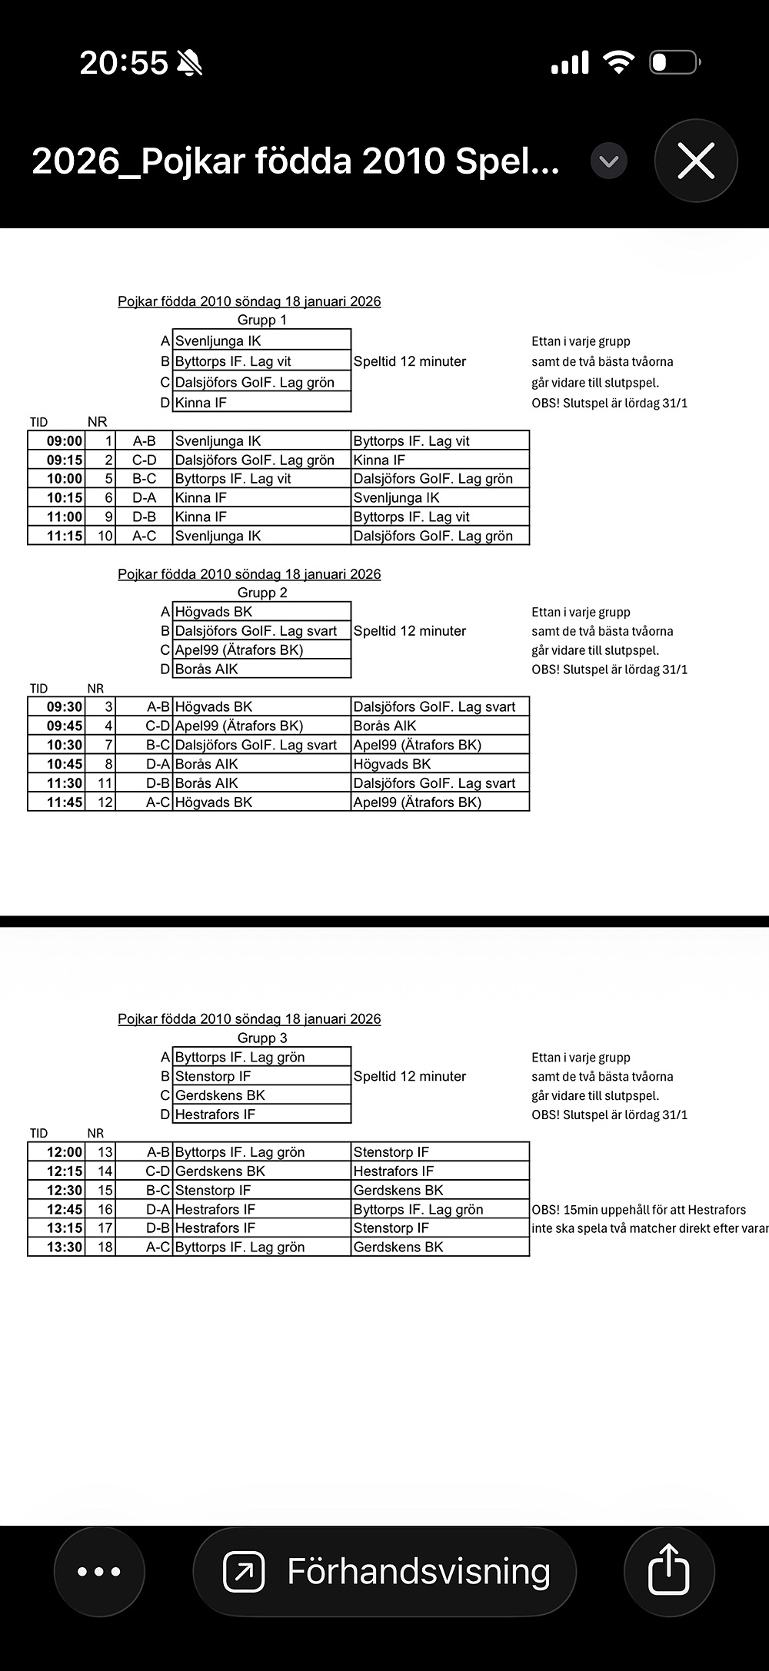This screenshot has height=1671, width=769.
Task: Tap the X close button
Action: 696,161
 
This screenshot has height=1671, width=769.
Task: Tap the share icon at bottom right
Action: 669,1573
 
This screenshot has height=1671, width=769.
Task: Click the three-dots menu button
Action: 99,1573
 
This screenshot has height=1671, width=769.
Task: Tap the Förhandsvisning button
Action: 384,1573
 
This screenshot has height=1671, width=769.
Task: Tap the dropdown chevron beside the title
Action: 609,161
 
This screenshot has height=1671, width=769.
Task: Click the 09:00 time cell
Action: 65,441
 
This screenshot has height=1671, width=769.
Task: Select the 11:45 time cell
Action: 65,802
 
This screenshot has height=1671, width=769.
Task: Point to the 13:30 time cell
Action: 65,1247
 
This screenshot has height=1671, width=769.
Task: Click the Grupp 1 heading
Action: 262,320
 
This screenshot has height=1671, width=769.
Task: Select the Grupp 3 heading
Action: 262,1038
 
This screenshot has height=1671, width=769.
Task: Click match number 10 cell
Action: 105,537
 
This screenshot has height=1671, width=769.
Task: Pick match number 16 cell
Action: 105,1210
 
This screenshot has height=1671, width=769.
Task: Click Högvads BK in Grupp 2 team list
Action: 214,612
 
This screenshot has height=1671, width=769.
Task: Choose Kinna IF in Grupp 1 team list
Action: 201,403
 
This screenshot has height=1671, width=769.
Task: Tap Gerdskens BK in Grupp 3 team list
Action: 220,1095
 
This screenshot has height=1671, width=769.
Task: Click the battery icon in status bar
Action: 674,62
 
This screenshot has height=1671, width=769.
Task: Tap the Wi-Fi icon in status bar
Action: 618,61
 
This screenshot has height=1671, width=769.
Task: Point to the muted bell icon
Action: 189,62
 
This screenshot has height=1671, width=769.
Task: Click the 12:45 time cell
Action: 65,1210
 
